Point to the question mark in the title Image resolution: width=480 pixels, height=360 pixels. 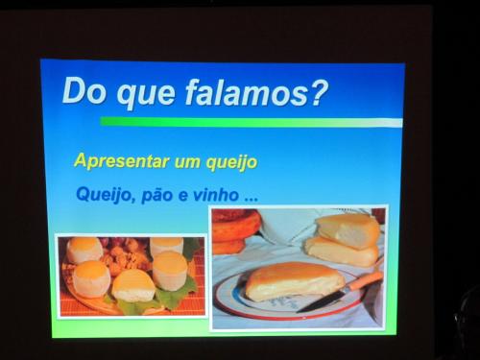coord(319,93)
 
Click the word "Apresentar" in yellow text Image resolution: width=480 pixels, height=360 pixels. coord(122,161)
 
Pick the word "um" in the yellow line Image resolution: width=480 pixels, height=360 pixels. coord(188,162)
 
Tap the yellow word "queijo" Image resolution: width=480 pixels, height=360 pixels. coord(231,162)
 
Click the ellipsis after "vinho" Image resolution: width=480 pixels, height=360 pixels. coord(251,200)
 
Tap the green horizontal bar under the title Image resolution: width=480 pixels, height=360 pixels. coord(251,122)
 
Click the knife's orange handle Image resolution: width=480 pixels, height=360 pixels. coord(366,280)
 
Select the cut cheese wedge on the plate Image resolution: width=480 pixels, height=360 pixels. coord(295,280)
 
